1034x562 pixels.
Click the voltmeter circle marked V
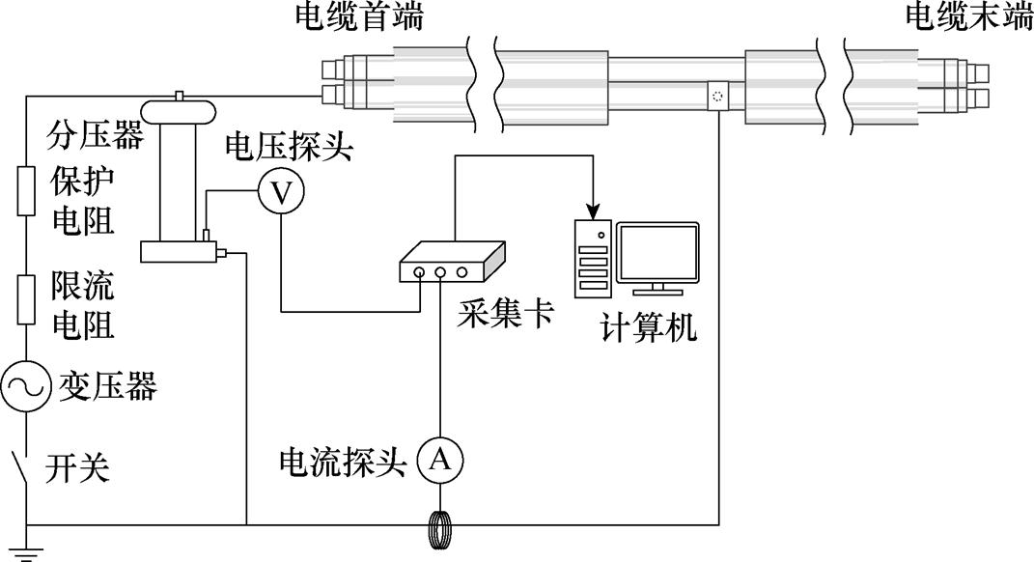click(x=281, y=193)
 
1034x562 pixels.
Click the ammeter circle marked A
click(x=440, y=461)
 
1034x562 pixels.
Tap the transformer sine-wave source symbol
click(x=25, y=387)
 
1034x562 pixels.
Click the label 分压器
click(x=95, y=136)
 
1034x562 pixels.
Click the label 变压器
click(x=108, y=387)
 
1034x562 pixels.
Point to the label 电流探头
click(x=343, y=462)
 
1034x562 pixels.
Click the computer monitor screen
click(x=657, y=253)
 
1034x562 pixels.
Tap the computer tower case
click(x=595, y=255)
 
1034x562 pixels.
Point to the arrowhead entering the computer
click(x=594, y=210)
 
